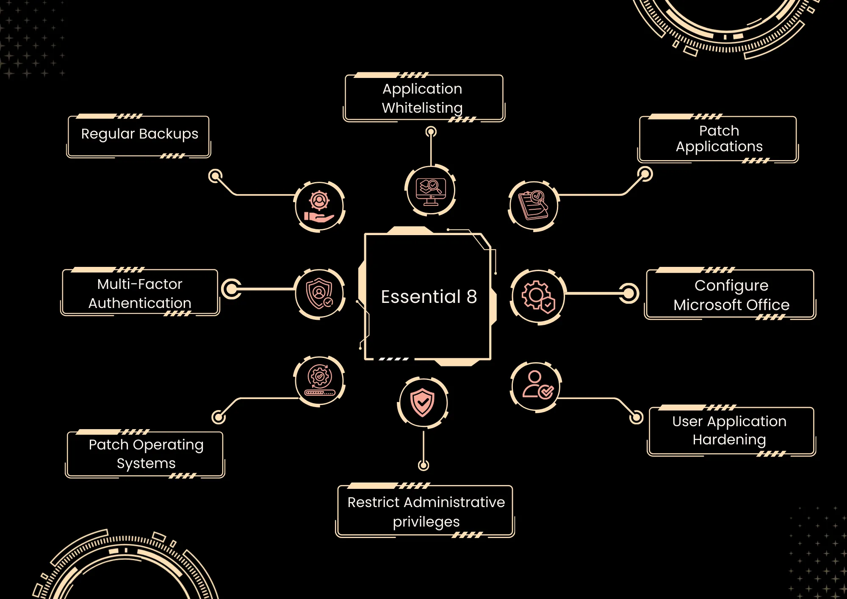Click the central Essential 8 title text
(429, 297)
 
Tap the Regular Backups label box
(139, 135)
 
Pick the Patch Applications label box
(718, 139)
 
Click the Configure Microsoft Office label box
(731, 295)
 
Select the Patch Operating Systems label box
(146, 454)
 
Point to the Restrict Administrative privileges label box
(426, 511)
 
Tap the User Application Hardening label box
(731, 430)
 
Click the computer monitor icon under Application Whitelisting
(431, 190)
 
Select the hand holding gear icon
(320, 207)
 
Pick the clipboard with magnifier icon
(533, 206)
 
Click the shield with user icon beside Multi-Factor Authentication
(320, 294)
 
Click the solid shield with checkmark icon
(423, 403)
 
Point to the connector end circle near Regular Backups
(216, 176)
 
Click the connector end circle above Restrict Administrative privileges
(423, 465)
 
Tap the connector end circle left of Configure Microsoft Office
(629, 293)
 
